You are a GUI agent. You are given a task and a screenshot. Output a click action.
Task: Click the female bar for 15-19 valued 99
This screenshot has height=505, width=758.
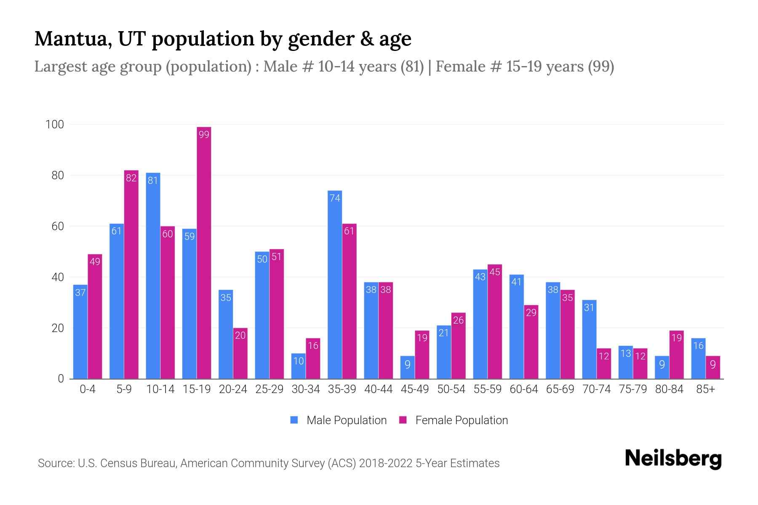[x=204, y=252]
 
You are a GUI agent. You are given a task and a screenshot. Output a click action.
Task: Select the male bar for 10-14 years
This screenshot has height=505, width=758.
[x=153, y=276]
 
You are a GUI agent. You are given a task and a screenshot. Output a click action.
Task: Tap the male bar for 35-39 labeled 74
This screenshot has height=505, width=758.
[x=335, y=284]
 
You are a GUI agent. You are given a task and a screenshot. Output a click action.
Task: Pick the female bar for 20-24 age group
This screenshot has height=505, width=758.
[x=240, y=353]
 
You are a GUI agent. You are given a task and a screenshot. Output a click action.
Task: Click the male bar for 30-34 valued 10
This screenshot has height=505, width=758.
[x=299, y=366]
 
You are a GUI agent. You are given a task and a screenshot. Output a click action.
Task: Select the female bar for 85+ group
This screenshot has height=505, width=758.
[x=713, y=367]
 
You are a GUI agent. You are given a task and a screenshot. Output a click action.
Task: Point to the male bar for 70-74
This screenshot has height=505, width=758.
[x=589, y=339]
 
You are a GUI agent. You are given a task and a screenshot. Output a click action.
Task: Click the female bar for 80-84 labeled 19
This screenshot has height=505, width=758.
[x=676, y=354]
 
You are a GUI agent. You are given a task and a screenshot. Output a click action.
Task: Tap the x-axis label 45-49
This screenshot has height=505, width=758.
[x=414, y=389]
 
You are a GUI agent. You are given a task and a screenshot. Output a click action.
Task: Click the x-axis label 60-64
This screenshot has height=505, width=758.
[x=523, y=389]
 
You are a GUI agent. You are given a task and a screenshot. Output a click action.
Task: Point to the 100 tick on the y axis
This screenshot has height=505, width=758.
[x=55, y=125]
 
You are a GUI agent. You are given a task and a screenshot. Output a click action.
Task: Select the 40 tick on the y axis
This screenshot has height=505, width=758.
[x=57, y=277]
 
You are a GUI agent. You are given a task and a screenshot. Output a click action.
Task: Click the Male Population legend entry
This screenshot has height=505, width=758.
[x=339, y=420]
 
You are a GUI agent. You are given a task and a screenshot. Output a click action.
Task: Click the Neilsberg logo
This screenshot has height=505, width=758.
[x=673, y=459]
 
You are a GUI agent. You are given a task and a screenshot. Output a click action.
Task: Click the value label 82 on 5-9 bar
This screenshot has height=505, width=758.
[x=131, y=178]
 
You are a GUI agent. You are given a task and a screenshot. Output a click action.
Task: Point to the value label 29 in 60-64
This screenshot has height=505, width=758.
[x=531, y=313]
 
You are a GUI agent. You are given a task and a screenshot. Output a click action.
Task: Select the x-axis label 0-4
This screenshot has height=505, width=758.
[x=88, y=389]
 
